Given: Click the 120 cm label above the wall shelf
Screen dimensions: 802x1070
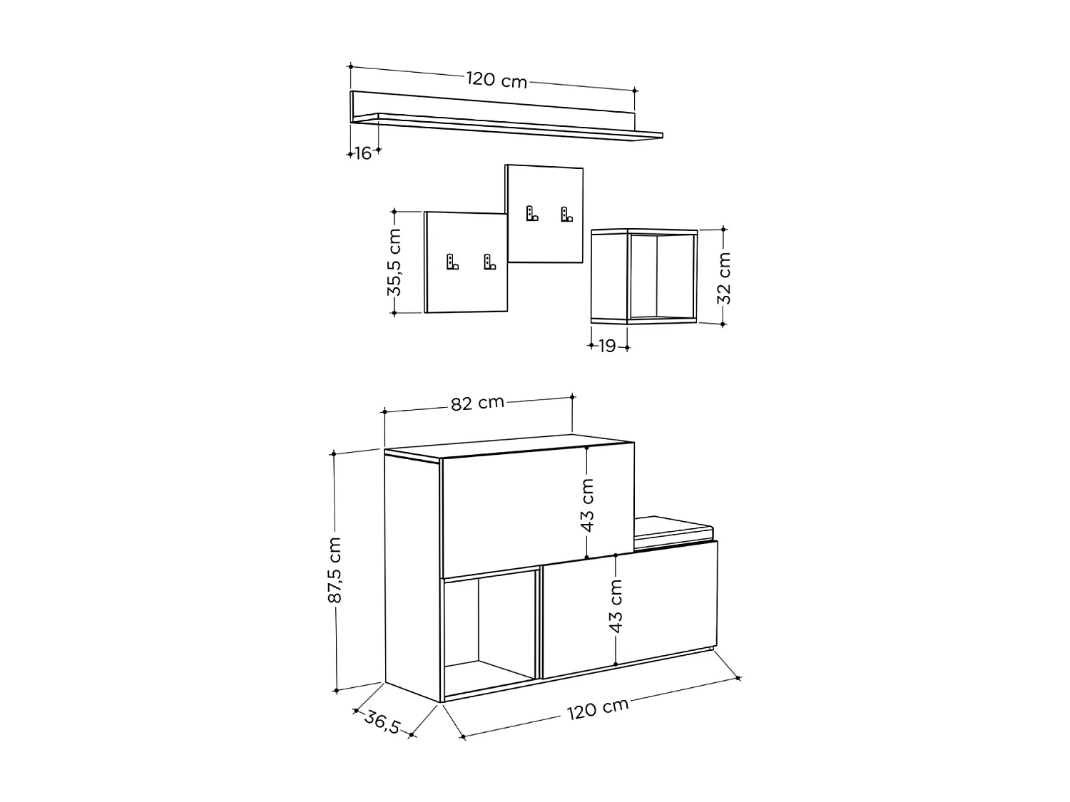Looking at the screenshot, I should tap(496, 79).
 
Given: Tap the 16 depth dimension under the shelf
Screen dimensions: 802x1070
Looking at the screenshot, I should tap(363, 153).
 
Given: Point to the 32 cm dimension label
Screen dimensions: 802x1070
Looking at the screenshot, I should tap(725, 277).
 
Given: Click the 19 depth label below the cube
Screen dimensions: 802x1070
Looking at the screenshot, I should tap(607, 346).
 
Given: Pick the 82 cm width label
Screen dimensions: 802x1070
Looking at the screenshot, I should tap(477, 403).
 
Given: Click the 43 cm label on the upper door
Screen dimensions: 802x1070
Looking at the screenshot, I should tap(587, 505).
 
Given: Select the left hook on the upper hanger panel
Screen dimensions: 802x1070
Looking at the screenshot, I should tap(531, 213).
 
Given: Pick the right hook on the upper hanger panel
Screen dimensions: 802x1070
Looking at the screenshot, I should tap(566, 213).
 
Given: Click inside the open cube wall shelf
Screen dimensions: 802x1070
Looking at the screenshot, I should tap(661, 277).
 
